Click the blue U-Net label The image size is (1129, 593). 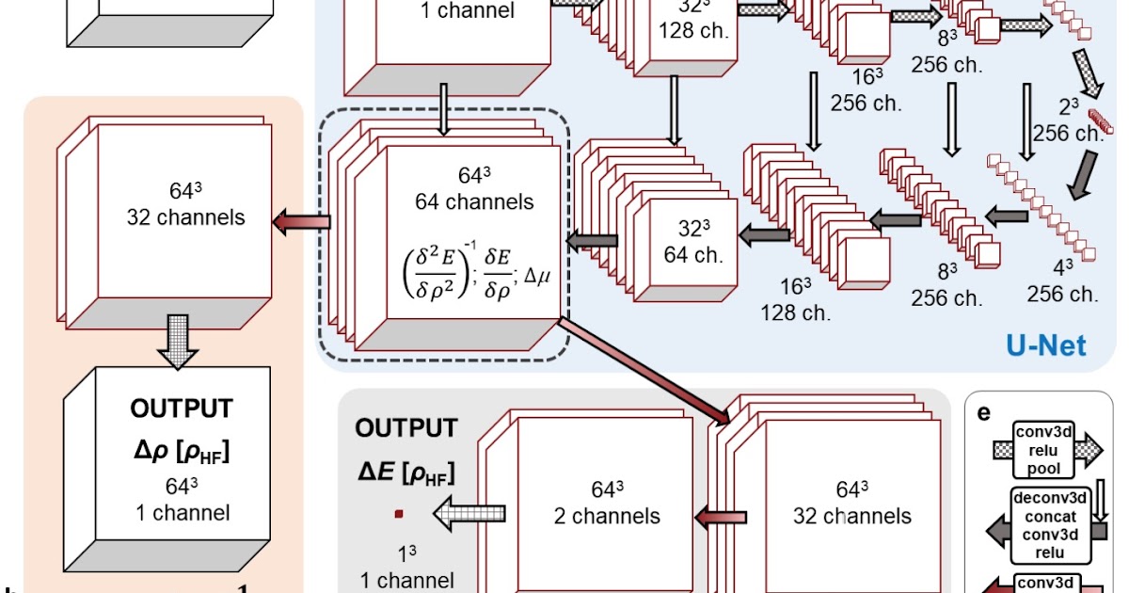pos(1045,345)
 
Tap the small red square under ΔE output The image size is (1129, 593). pos(400,513)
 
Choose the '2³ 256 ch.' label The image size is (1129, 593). pos(1068,120)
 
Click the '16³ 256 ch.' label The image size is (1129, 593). pos(866,90)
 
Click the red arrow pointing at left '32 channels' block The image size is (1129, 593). pos(302,221)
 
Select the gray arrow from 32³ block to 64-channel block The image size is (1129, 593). pos(592,241)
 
